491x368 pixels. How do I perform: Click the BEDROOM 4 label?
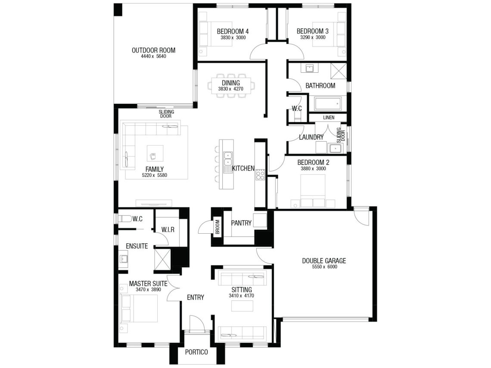pos(233,31)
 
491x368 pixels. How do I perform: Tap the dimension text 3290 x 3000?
pos(313,37)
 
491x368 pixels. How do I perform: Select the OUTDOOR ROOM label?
pos(153,50)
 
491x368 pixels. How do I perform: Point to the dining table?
pos(231,86)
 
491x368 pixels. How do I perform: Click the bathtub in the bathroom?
pos(327,104)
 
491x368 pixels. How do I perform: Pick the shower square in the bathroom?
pos(339,71)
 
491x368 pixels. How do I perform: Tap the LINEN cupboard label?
pos(329,118)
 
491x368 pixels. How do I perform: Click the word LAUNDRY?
pos(311,137)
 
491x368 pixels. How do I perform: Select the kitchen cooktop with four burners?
pos(260,174)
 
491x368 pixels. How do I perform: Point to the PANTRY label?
pos(241,223)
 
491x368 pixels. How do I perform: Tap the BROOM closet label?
pos(218,227)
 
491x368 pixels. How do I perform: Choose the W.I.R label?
pos(168,230)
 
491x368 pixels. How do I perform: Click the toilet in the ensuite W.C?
pos(124,218)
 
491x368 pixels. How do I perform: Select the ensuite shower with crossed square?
pos(163,259)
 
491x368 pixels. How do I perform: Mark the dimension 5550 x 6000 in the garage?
pos(324,267)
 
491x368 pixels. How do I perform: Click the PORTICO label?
pos(196,352)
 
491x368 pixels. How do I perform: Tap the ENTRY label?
pos(196,297)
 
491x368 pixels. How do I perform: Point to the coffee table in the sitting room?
pos(242,306)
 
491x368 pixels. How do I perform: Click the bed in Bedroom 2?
pos(313,191)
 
